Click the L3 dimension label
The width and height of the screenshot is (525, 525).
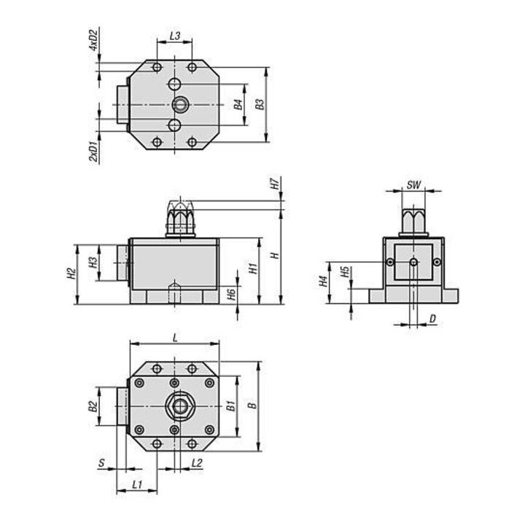pyautogui.click(x=175, y=36)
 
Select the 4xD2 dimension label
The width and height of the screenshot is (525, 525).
pyautogui.click(x=93, y=40)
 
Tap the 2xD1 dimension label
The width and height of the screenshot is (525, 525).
pyautogui.click(x=94, y=152)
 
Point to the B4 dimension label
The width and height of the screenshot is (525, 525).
pyautogui.click(x=238, y=104)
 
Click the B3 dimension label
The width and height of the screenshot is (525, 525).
pyautogui.click(x=260, y=104)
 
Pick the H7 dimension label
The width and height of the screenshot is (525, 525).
pyautogui.click(x=275, y=184)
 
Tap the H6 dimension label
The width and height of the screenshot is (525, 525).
pyautogui.click(x=232, y=294)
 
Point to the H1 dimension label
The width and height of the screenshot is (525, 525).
pyautogui.click(x=254, y=268)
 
